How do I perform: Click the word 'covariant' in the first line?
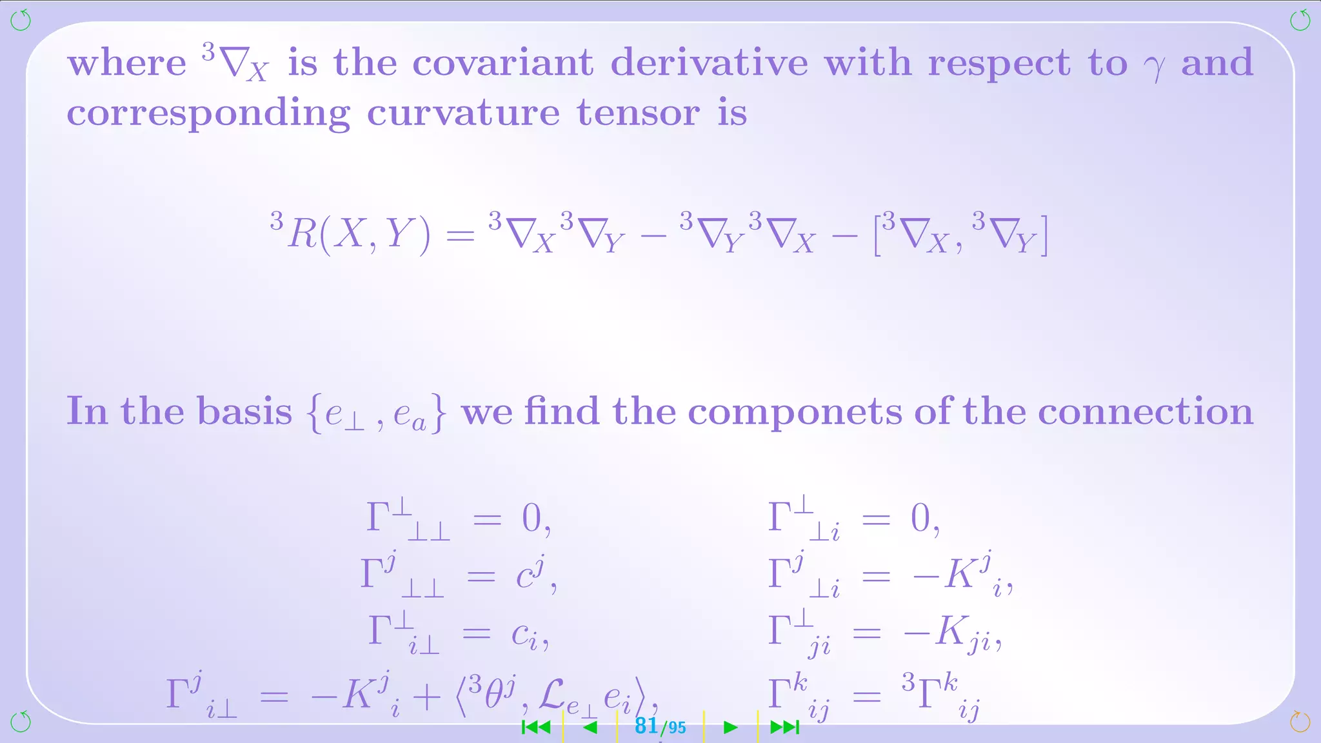502,63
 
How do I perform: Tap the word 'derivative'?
709,63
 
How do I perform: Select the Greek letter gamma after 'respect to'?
1154,66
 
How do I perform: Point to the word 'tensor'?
638,114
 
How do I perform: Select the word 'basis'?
244,411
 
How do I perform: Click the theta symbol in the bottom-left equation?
495,695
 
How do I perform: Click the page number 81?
646,726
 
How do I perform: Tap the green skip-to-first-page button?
536,728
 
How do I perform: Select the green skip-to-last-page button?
784,728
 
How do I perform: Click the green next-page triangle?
730,728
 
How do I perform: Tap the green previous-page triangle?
590,728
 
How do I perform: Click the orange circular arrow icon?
1300,722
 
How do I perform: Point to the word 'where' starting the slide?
126,63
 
